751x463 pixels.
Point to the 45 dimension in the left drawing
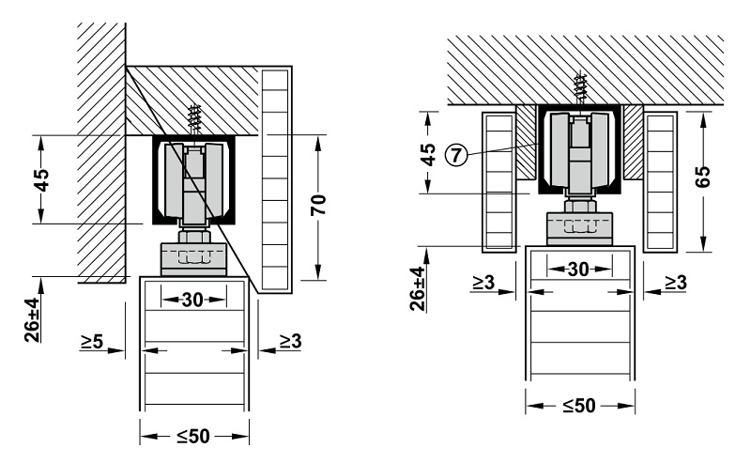tap(41, 178)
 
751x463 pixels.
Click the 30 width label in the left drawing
tap(193, 300)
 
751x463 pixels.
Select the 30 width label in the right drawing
tap(578, 270)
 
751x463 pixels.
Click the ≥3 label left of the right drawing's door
tap(484, 281)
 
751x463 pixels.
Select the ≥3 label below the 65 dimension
tap(675, 281)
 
